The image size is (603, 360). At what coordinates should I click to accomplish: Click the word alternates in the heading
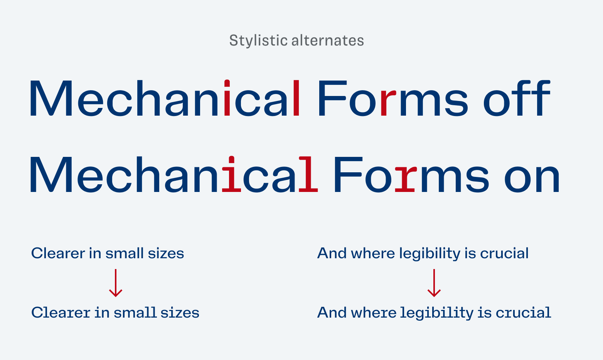tap(328, 40)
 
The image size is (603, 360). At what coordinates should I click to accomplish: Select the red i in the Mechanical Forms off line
tap(227, 98)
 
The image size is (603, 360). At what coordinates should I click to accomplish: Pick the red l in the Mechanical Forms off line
tap(296, 98)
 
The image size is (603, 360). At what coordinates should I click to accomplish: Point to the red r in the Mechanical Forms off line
tap(388, 103)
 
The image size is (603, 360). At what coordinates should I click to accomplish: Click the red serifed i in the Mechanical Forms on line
tap(231, 174)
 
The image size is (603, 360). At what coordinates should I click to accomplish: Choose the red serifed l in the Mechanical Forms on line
tap(308, 174)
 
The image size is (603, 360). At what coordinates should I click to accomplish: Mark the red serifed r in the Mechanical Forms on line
tap(406, 178)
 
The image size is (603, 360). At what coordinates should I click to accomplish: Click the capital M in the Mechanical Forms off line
tap(51, 98)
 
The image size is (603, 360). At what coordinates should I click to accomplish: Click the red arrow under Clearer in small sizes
tap(116, 283)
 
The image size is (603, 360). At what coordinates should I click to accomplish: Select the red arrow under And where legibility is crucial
tap(434, 283)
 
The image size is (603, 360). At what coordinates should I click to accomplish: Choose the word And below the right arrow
tap(332, 312)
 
